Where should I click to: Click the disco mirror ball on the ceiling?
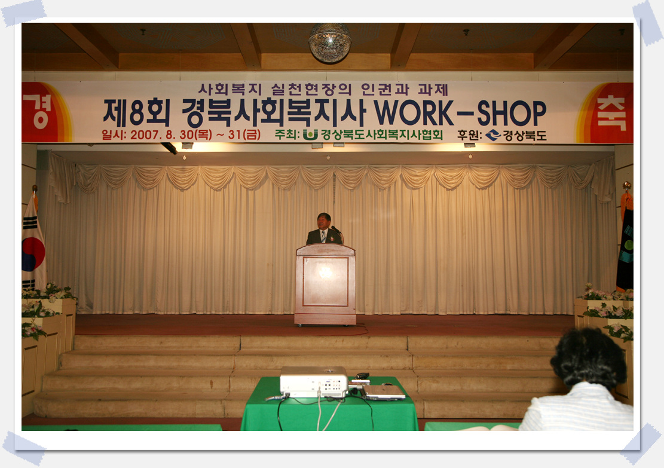(330, 42)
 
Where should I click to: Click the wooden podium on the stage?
(325, 284)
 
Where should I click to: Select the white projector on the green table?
(314, 381)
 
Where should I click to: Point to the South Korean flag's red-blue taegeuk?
(33, 253)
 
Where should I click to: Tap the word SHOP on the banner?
(512, 113)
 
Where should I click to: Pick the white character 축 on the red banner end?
(611, 113)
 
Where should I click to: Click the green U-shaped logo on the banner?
(310, 134)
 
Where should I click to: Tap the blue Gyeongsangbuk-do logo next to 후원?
(493, 135)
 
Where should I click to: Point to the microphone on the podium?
(336, 230)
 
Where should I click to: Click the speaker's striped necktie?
(323, 237)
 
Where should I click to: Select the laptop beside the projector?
(383, 391)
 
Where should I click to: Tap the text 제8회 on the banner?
(136, 113)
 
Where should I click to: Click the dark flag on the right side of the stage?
(626, 246)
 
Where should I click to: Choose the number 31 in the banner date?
(235, 134)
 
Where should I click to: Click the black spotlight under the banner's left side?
(169, 148)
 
